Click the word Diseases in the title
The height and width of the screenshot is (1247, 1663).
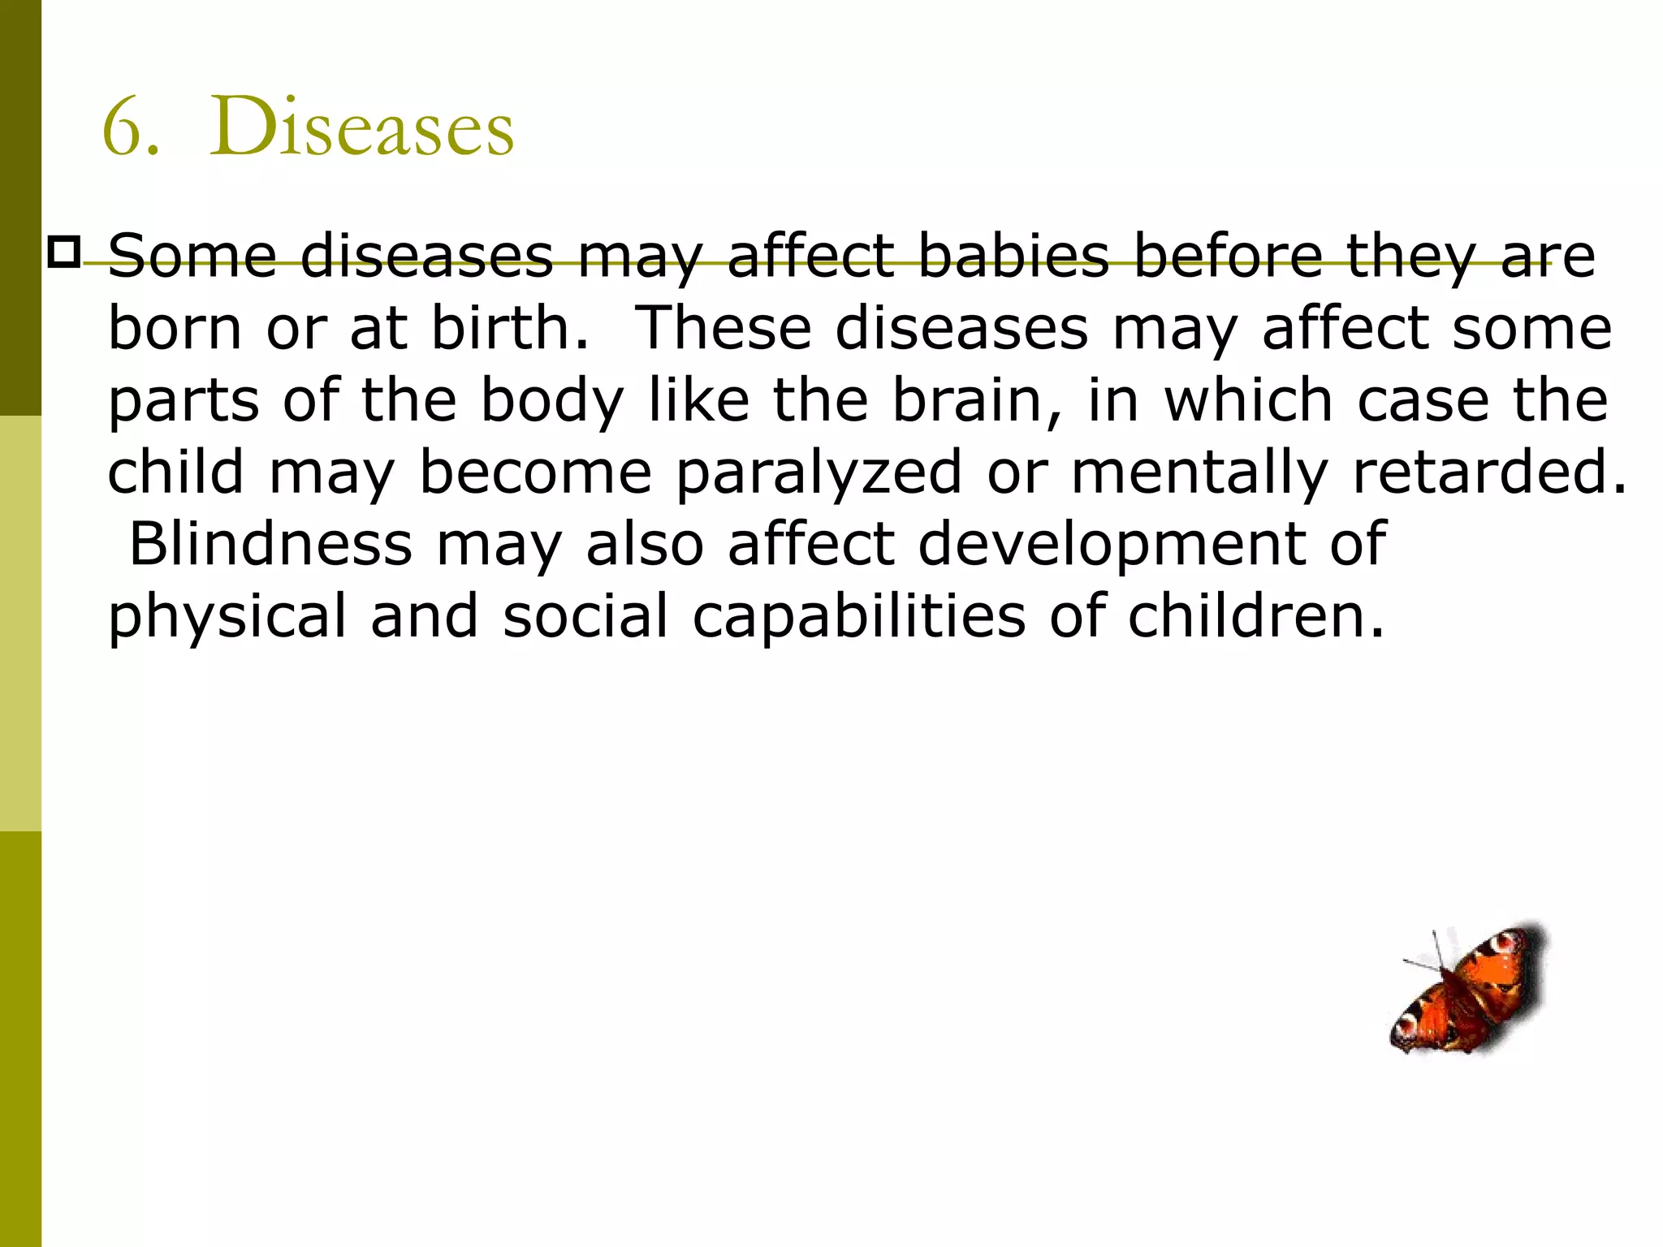pos(361,128)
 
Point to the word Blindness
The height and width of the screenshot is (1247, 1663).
pos(270,543)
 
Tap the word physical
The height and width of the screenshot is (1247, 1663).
pos(227,615)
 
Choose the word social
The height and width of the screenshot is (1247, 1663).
pos(585,615)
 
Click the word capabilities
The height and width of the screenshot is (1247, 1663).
pos(859,615)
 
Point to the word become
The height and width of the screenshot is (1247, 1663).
pos(536,472)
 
